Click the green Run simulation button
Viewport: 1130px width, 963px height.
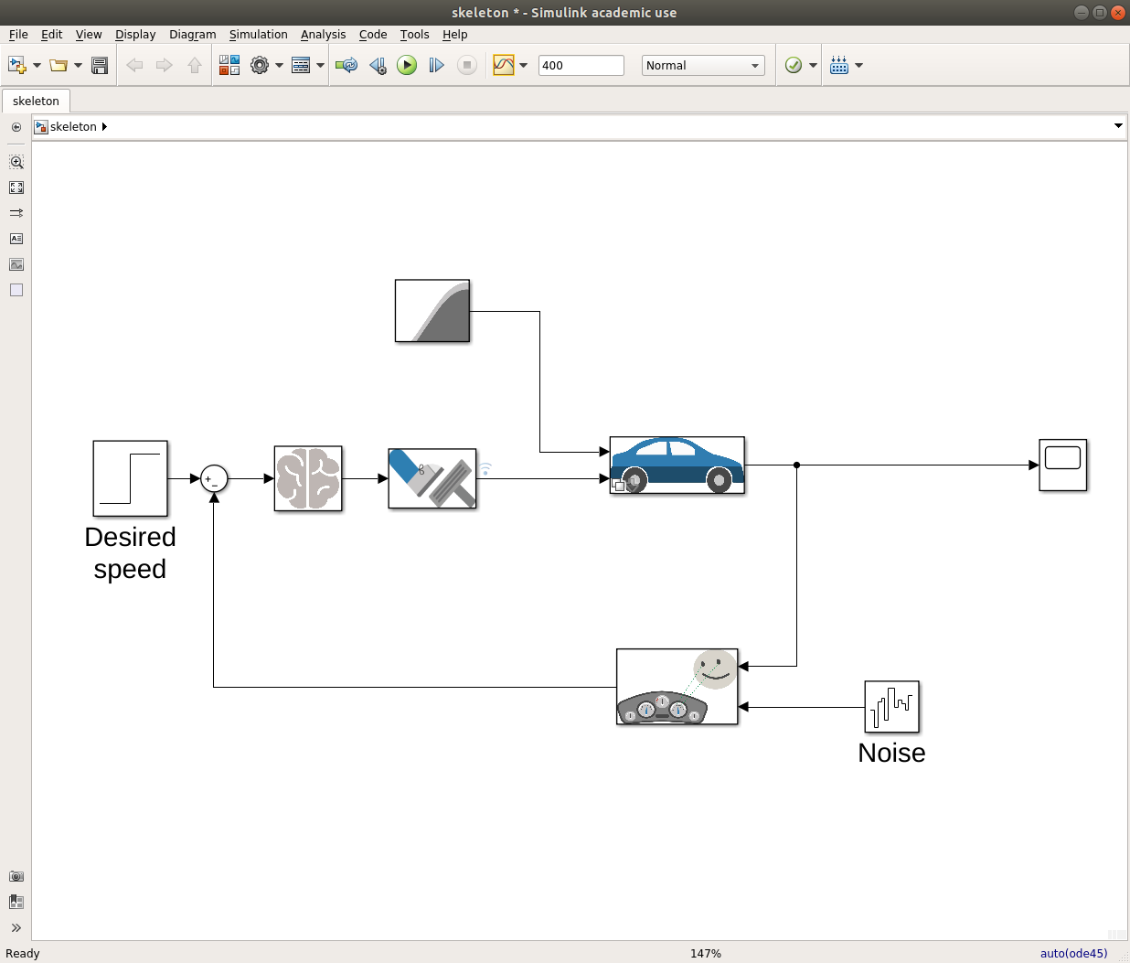click(x=406, y=65)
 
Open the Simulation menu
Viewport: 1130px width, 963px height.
click(x=258, y=35)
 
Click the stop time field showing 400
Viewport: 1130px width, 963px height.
click(x=581, y=65)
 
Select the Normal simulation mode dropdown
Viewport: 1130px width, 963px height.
click(x=702, y=65)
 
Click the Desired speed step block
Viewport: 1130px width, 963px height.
click(x=130, y=478)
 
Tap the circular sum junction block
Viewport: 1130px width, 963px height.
click(x=214, y=479)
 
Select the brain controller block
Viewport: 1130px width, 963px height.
click(x=308, y=478)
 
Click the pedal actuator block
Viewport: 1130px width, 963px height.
click(x=432, y=478)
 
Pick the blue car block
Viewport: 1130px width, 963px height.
click(x=677, y=465)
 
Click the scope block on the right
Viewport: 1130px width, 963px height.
click(x=1062, y=465)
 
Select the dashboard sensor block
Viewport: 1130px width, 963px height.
click(x=677, y=686)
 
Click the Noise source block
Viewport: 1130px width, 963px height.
click(x=891, y=707)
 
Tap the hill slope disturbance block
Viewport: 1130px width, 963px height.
click(x=432, y=311)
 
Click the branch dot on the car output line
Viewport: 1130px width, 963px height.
click(x=796, y=465)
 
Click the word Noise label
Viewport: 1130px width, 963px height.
click(x=891, y=753)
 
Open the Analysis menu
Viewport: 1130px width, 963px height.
click(x=323, y=35)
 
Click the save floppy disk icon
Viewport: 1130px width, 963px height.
click(x=100, y=66)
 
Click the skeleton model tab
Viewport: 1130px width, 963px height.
click(x=36, y=102)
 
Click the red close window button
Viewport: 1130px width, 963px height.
click(x=1118, y=13)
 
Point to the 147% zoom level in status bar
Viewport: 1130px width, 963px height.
click(x=705, y=953)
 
